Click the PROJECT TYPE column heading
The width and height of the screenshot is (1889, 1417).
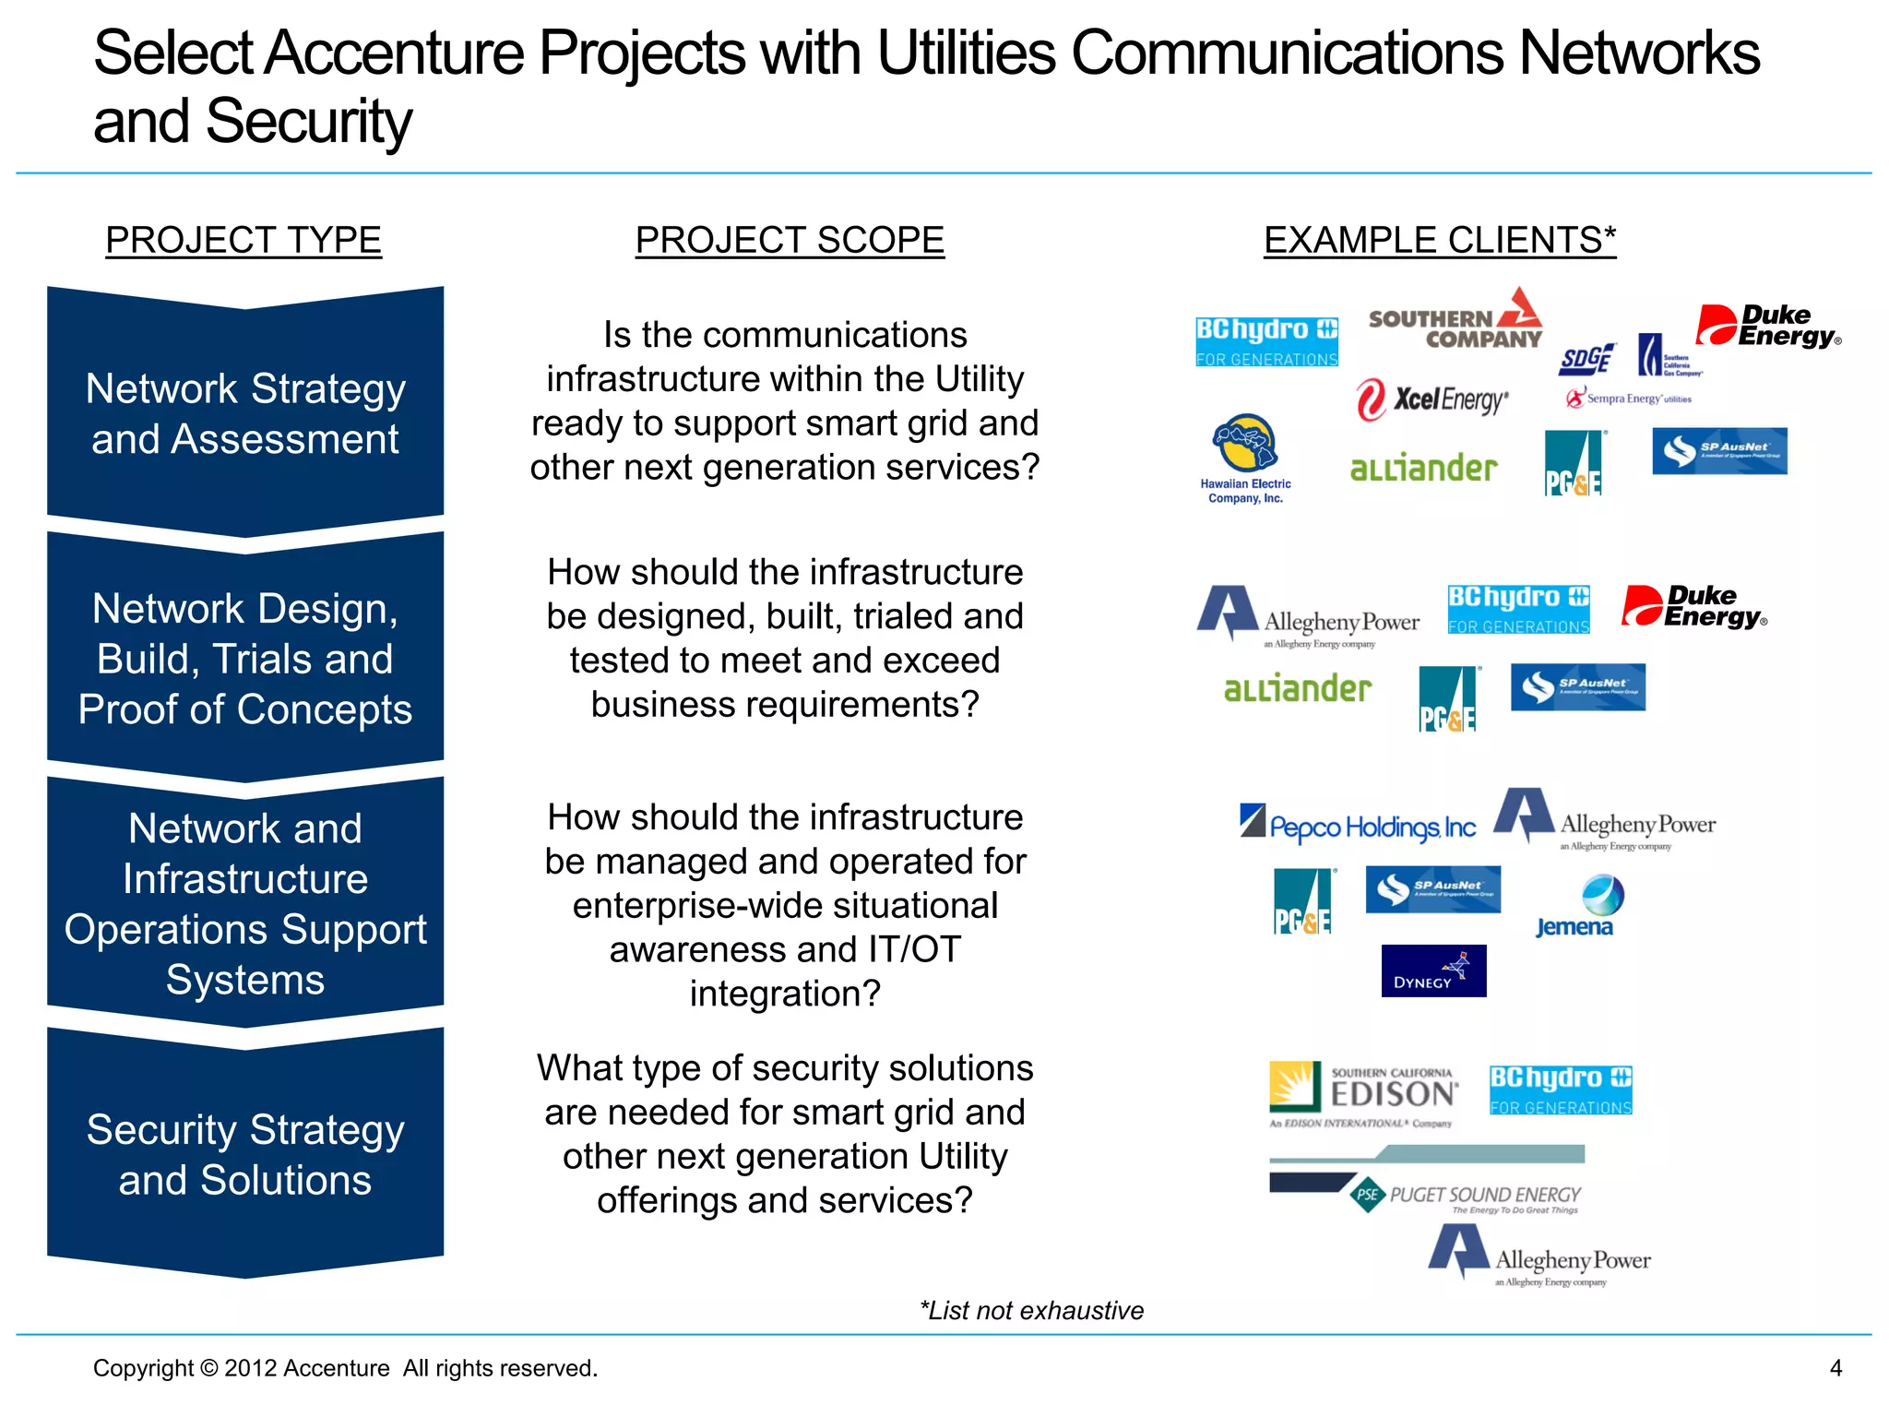244,241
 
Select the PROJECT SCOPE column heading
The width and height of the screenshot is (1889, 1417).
790,241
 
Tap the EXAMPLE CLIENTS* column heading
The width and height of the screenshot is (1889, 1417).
1439,241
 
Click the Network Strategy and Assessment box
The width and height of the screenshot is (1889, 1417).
245,413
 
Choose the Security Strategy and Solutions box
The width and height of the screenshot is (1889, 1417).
245,1154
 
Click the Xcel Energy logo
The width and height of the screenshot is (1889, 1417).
1432,400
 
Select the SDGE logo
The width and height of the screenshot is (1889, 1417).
1586,359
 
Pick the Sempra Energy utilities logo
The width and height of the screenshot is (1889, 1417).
1629,399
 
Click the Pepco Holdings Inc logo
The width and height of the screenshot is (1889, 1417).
1358,824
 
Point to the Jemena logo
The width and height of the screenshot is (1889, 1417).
1575,907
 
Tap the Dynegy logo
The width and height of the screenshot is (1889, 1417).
1433,970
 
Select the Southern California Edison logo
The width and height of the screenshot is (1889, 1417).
1363,1095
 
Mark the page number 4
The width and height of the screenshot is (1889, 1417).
1836,1367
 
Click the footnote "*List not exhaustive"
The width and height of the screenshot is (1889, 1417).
1031,1310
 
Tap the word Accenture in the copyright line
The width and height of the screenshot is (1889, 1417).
336,1367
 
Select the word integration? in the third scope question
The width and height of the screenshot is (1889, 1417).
785,994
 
